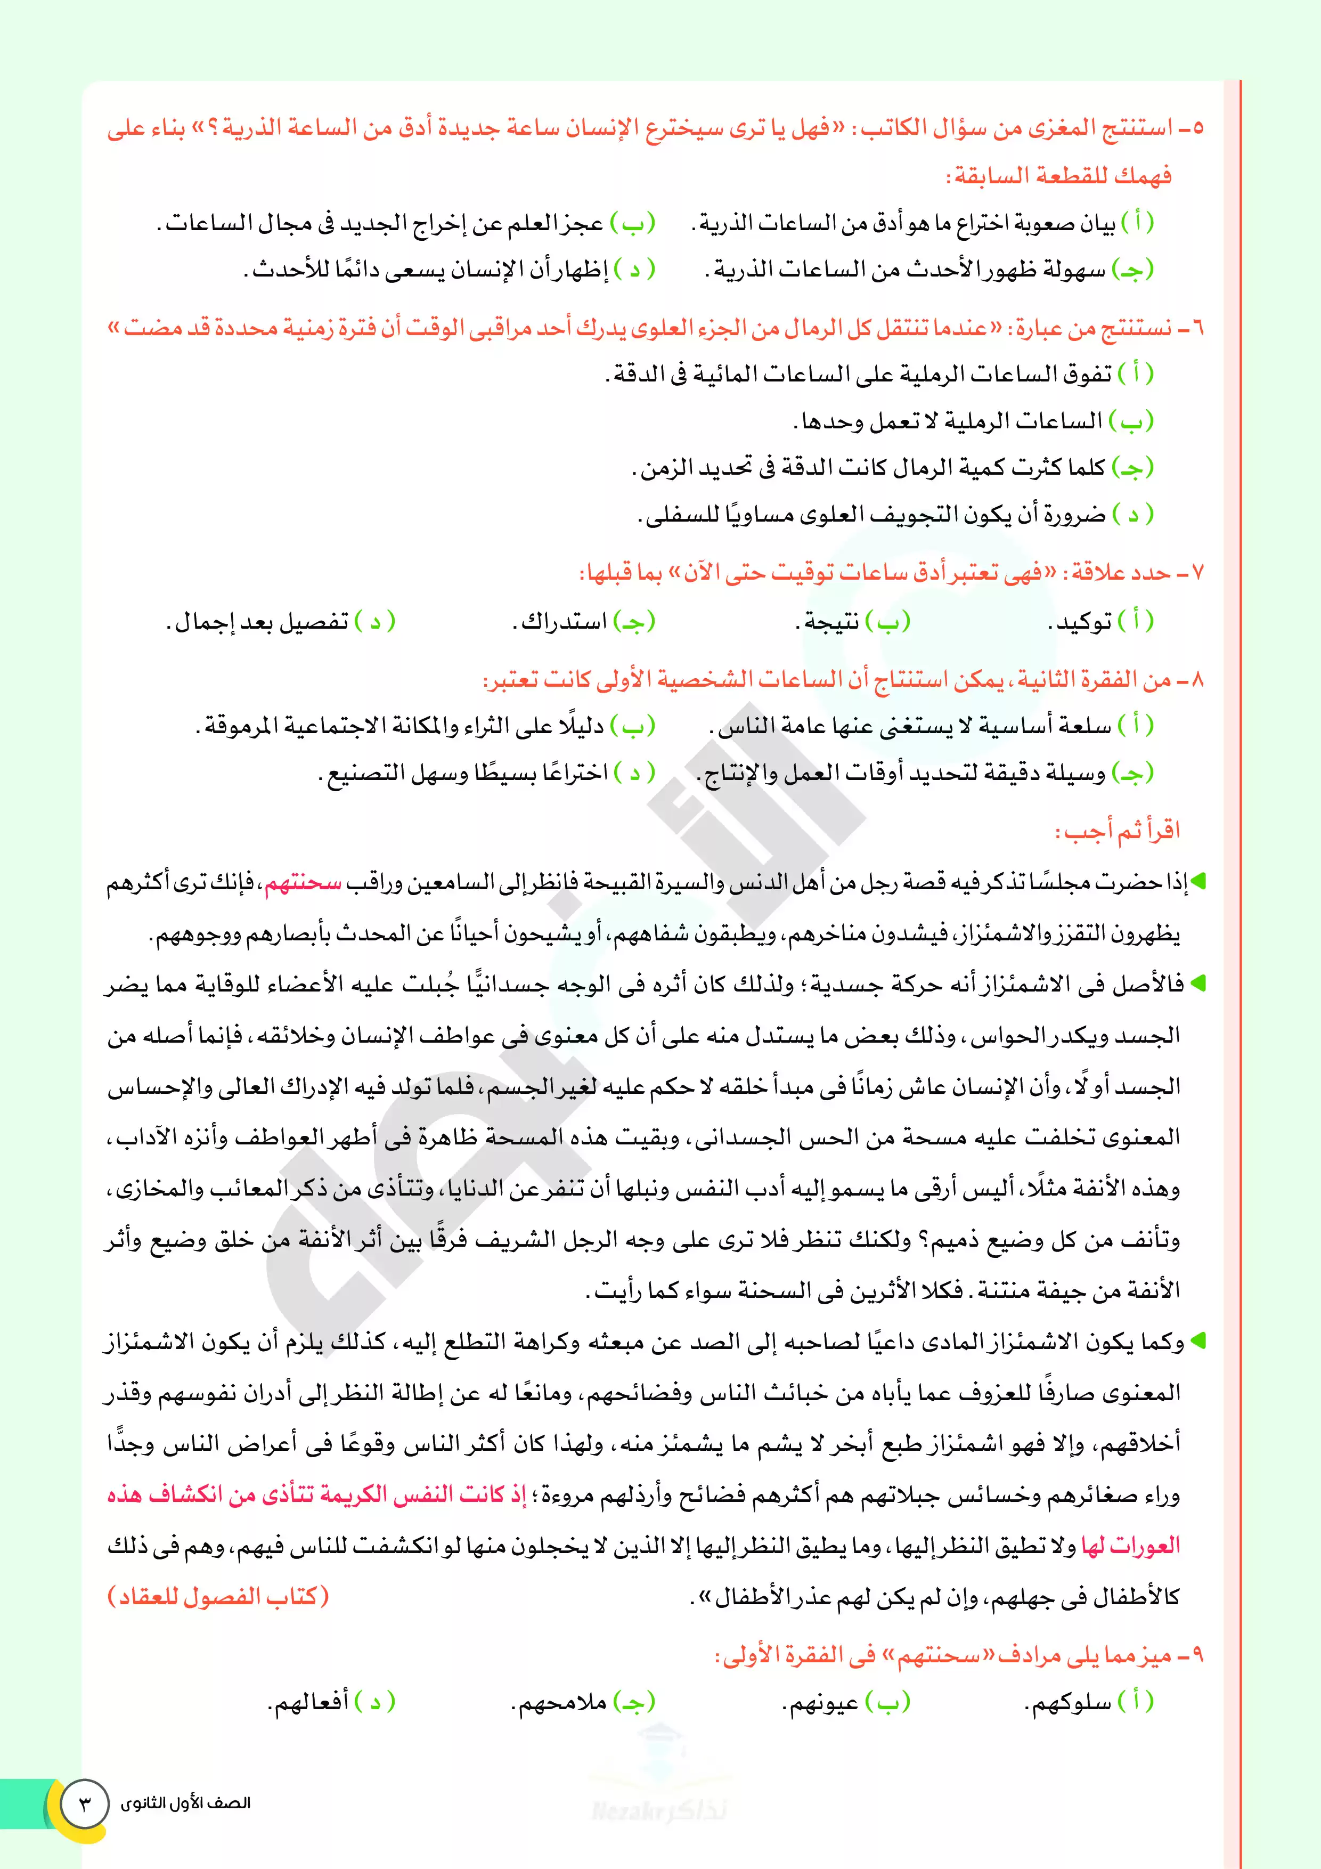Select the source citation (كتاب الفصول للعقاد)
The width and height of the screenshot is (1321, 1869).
[x=218, y=1596]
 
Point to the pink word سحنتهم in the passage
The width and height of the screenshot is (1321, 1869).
[x=302, y=882]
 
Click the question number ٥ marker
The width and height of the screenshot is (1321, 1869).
[x=1196, y=128]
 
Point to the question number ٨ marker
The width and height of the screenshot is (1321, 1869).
[x=1196, y=680]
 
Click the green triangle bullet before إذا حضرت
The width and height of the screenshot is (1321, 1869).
[x=1197, y=882]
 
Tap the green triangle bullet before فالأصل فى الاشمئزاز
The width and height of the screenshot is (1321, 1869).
[x=1197, y=984]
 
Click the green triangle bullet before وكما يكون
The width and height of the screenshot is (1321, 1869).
[x=1197, y=1340]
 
